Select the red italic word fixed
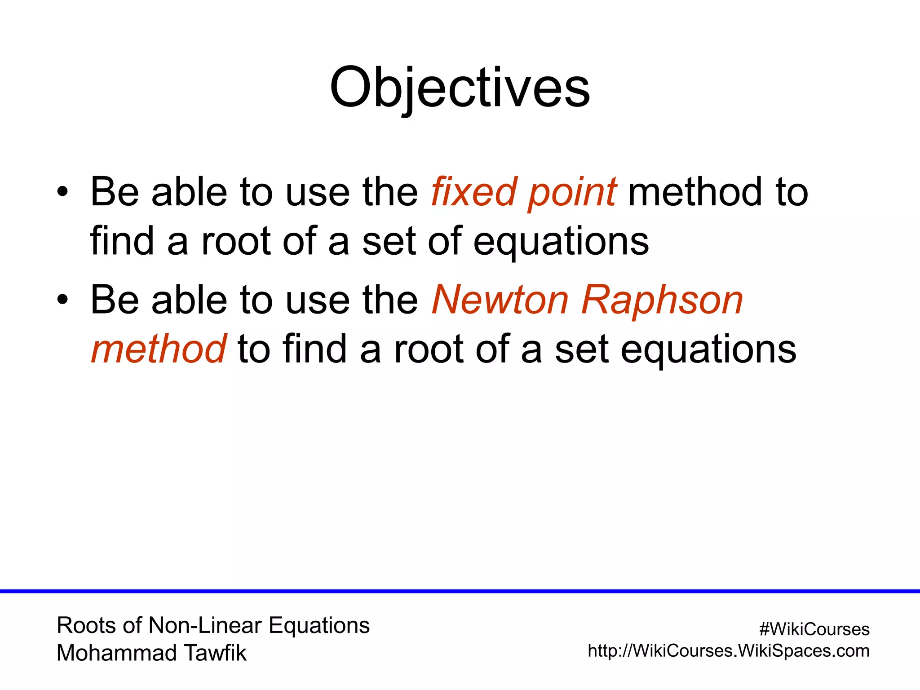473,192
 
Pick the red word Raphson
662,301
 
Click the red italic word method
159,349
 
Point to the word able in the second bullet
189,300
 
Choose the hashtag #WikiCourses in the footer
814,629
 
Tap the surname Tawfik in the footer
215,653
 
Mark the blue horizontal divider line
460,591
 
